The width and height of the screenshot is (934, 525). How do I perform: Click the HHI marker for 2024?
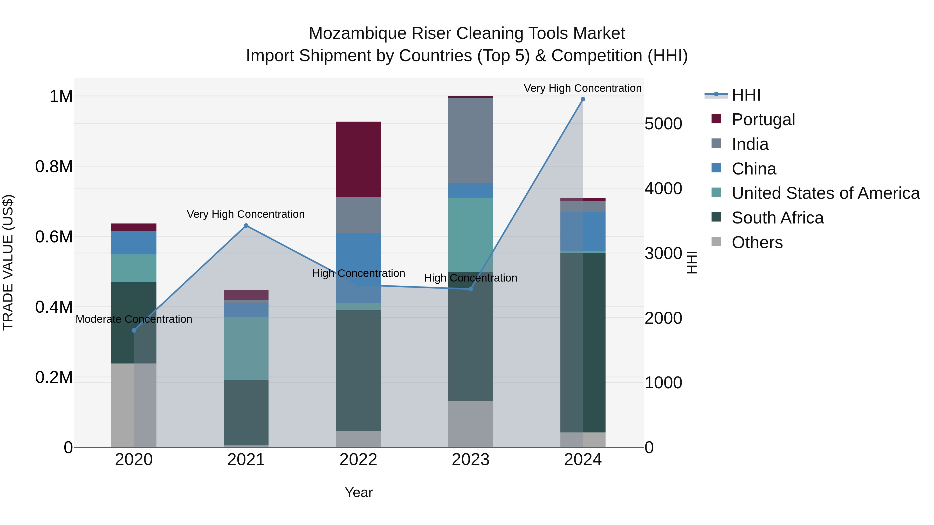pos(583,99)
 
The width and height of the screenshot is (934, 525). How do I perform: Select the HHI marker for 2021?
pos(246,226)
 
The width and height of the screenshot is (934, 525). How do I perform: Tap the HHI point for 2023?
pos(471,289)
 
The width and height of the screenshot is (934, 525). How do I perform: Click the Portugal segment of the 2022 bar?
pos(358,159)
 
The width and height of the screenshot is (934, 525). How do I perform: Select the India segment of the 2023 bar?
pos(471,141)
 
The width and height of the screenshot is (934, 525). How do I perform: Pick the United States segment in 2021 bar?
pos(246,348)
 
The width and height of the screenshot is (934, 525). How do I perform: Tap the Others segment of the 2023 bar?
pos(471,424)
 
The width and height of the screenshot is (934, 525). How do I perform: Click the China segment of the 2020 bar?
pos(134,243)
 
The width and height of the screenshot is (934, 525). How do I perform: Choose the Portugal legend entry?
pos(763,120)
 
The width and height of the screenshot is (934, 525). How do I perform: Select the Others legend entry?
pos(757,242)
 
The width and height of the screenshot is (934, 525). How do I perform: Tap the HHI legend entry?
pos(746,95)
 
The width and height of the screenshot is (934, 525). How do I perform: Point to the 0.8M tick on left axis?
pos(54,167)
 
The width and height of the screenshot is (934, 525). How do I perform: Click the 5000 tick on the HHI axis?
pos(663,124)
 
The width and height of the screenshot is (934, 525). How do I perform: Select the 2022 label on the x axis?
pos(358,460)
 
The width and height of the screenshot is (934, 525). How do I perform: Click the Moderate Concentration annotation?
pos(134,319)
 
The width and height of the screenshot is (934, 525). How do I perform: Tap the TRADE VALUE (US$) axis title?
pos(8,262)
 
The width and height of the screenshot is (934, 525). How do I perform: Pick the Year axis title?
pos(359,492)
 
